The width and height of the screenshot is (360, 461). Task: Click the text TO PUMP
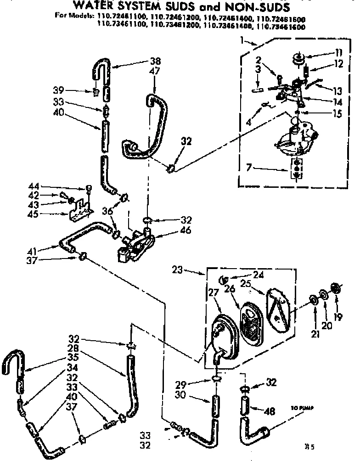click(x=299, y=408)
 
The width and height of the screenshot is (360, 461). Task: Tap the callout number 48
click(x=270, y=412)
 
